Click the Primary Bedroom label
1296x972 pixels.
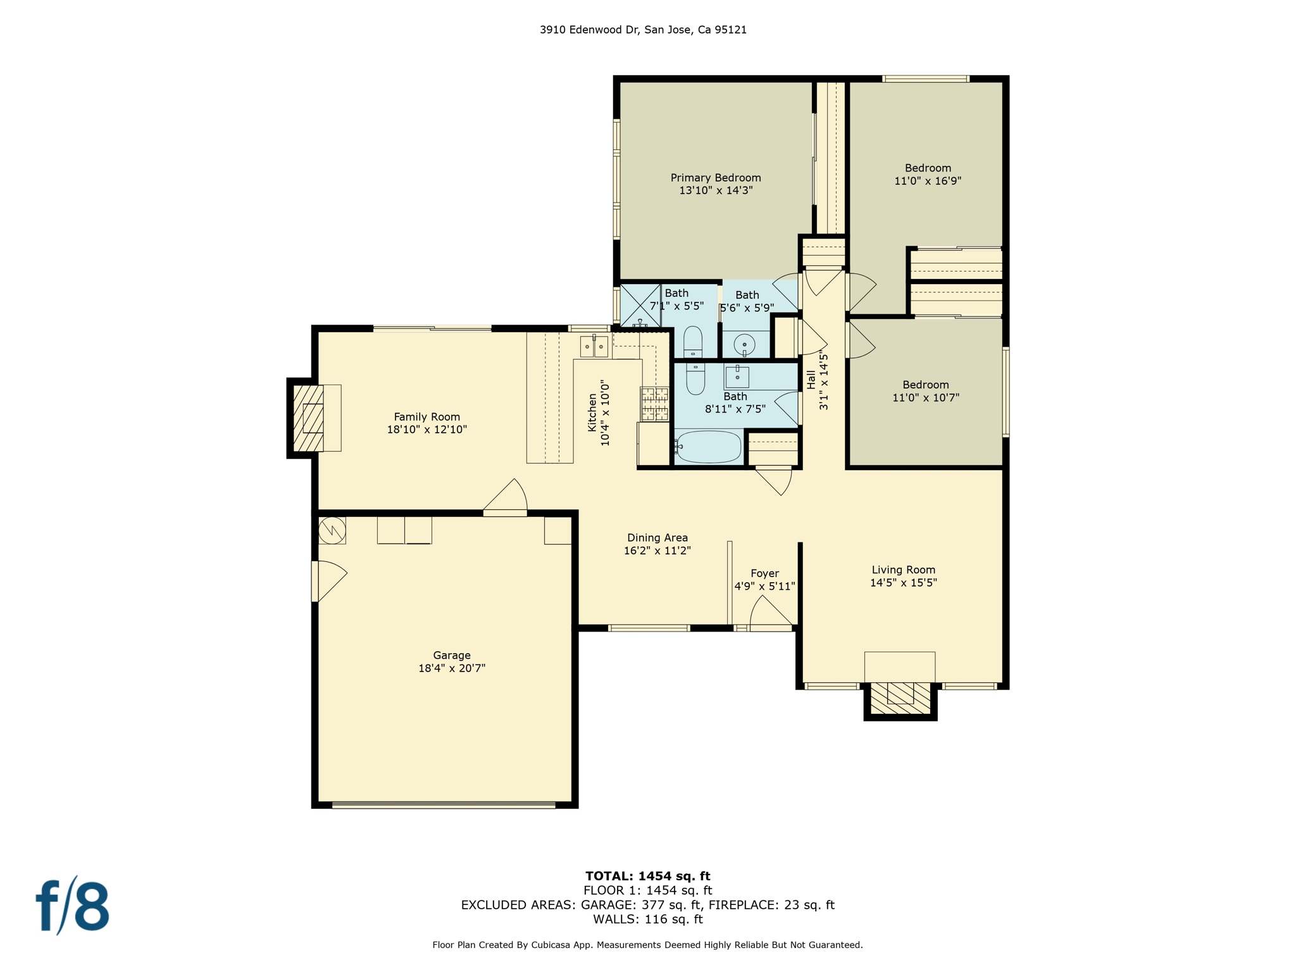716,178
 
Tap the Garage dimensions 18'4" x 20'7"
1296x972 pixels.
452,668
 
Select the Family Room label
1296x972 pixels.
427,417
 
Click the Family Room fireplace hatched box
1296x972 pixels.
308,418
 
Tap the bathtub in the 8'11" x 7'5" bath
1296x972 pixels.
707,447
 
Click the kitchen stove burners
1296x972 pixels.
654,404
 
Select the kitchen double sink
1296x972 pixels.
594,346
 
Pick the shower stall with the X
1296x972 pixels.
640,306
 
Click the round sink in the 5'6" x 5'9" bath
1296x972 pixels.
744,345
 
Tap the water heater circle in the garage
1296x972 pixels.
332,530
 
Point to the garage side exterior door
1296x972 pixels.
329,581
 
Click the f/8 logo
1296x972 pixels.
73,905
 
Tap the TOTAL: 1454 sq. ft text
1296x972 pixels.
647,876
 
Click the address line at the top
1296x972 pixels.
643,30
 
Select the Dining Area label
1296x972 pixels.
657,538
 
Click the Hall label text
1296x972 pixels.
811,380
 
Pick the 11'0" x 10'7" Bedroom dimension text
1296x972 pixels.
926,398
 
